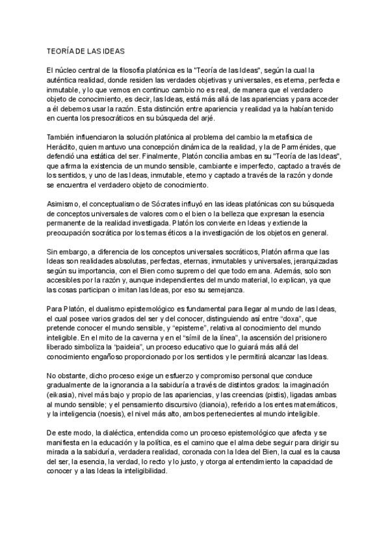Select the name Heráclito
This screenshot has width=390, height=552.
[x=66, y=147]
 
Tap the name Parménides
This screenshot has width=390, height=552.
[x=304, y=147]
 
